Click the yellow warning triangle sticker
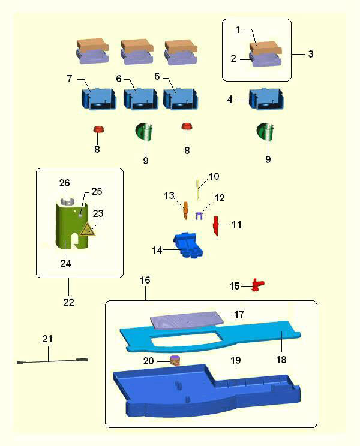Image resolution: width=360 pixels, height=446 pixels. tap(88, 229)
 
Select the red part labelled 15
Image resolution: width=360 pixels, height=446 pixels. tap(258, 284)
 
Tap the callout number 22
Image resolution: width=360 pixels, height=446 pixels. tap(68, 302)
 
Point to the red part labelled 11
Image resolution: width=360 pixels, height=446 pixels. tap(217, 225)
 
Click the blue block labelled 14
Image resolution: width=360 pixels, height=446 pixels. tap(188, 245)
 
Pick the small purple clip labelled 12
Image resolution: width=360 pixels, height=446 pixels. tap(199, 216)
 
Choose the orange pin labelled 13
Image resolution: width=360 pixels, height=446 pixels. tap(185, 210)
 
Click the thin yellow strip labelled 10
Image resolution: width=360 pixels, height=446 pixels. tap(199, 190)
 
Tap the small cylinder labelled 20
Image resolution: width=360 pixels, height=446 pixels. tap(175, 360)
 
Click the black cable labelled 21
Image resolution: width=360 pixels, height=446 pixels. tap(52, 361)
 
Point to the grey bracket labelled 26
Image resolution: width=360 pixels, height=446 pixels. tap(68, 202)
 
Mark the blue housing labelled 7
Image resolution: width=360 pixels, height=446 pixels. tap(99, 99)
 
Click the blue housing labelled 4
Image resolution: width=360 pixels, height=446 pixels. tap(266, 100)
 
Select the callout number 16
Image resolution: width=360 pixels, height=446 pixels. tap(145, 280)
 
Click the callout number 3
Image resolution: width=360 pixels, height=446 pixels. tap(311, 54)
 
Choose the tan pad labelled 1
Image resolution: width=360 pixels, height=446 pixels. tap(266, 47)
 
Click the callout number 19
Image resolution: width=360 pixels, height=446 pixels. tap(236, 360)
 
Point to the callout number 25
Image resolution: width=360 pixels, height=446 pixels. tap(97, 191)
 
